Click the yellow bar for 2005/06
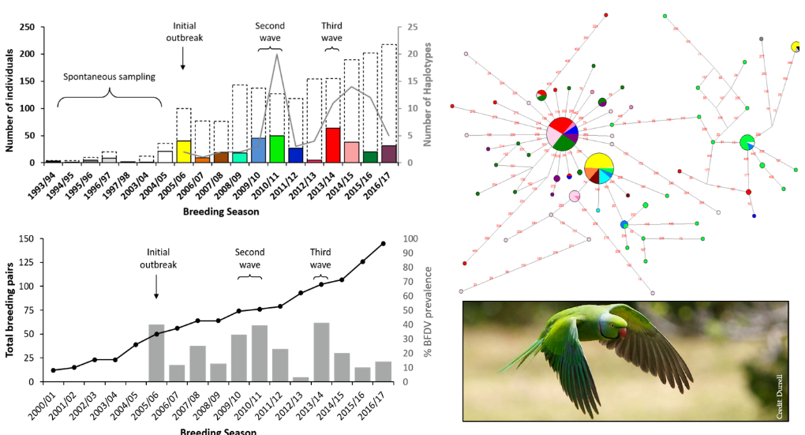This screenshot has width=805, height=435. click(x=183, y=152)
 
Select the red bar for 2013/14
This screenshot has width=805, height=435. click(x=332, y=145)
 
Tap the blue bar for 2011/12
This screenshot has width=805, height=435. click(x=296, y=155)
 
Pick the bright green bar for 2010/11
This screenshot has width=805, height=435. click(x=277, y=148)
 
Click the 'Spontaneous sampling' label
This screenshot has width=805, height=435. click(x=110, y=77)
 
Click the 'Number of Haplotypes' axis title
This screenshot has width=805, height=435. click(x=429, y=95)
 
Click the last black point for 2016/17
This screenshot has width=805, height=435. click(x=384, y=243)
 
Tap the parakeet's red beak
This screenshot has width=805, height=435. click(x=623, y=332)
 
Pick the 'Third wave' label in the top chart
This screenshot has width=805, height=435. click(x=331, y=32)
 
